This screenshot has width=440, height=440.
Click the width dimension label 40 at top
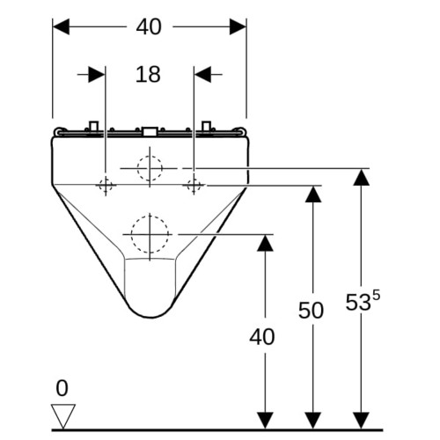pyautogui.click(x=149, y=26)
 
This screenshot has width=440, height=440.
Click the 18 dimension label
pyautogui.click(x=148, y=74)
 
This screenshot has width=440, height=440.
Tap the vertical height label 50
pyautogui.click(x=311, y=310)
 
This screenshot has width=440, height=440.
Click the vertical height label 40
pyautogui.click(x=262, y=337)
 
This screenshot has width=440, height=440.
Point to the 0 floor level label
pyautogui.click(x=62, y=388)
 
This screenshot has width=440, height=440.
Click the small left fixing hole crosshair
pyautogui.click(x=106, y=186)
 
